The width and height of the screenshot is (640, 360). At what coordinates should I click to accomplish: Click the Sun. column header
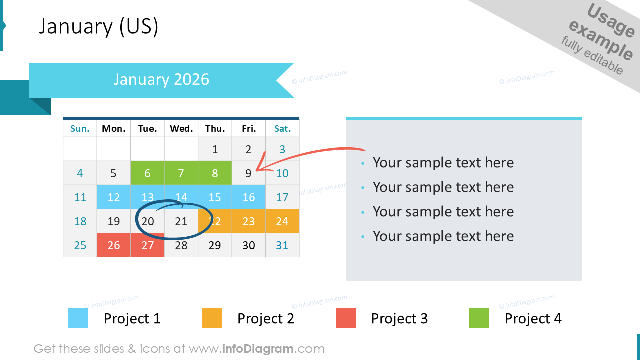point(80,129)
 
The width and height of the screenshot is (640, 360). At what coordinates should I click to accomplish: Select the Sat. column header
point(282,129)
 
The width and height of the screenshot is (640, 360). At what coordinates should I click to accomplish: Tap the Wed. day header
point(181,129)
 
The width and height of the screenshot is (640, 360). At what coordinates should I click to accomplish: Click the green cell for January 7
point(181,173)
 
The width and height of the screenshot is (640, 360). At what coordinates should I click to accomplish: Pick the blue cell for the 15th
point(215,197)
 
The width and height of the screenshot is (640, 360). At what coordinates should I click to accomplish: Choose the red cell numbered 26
point(113,245)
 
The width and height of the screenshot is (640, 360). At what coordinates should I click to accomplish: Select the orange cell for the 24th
point(282,221)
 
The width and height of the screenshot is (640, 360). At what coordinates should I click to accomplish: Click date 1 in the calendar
point(215,149)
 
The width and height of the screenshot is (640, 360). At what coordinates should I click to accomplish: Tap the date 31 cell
point(282,245)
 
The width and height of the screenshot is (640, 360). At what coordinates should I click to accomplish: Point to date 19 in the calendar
point(113,221)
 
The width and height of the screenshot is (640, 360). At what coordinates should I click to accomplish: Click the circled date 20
point(147,221)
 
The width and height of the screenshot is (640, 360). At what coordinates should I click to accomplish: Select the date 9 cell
point(249,173)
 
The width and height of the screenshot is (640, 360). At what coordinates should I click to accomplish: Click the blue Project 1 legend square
point(78,318)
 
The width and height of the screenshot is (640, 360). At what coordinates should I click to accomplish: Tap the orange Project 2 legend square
point(212,318)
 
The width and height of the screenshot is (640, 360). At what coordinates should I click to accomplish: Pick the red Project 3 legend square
point(345,318)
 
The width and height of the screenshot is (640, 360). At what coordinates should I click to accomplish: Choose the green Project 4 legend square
point(479,318)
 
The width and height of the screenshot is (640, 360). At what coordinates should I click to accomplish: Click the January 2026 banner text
point(161,79)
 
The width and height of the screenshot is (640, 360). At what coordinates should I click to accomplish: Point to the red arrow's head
point(257,170)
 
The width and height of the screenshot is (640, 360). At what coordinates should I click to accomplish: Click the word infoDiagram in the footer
point(258,349)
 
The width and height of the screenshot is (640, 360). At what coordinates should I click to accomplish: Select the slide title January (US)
point(98,26)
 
